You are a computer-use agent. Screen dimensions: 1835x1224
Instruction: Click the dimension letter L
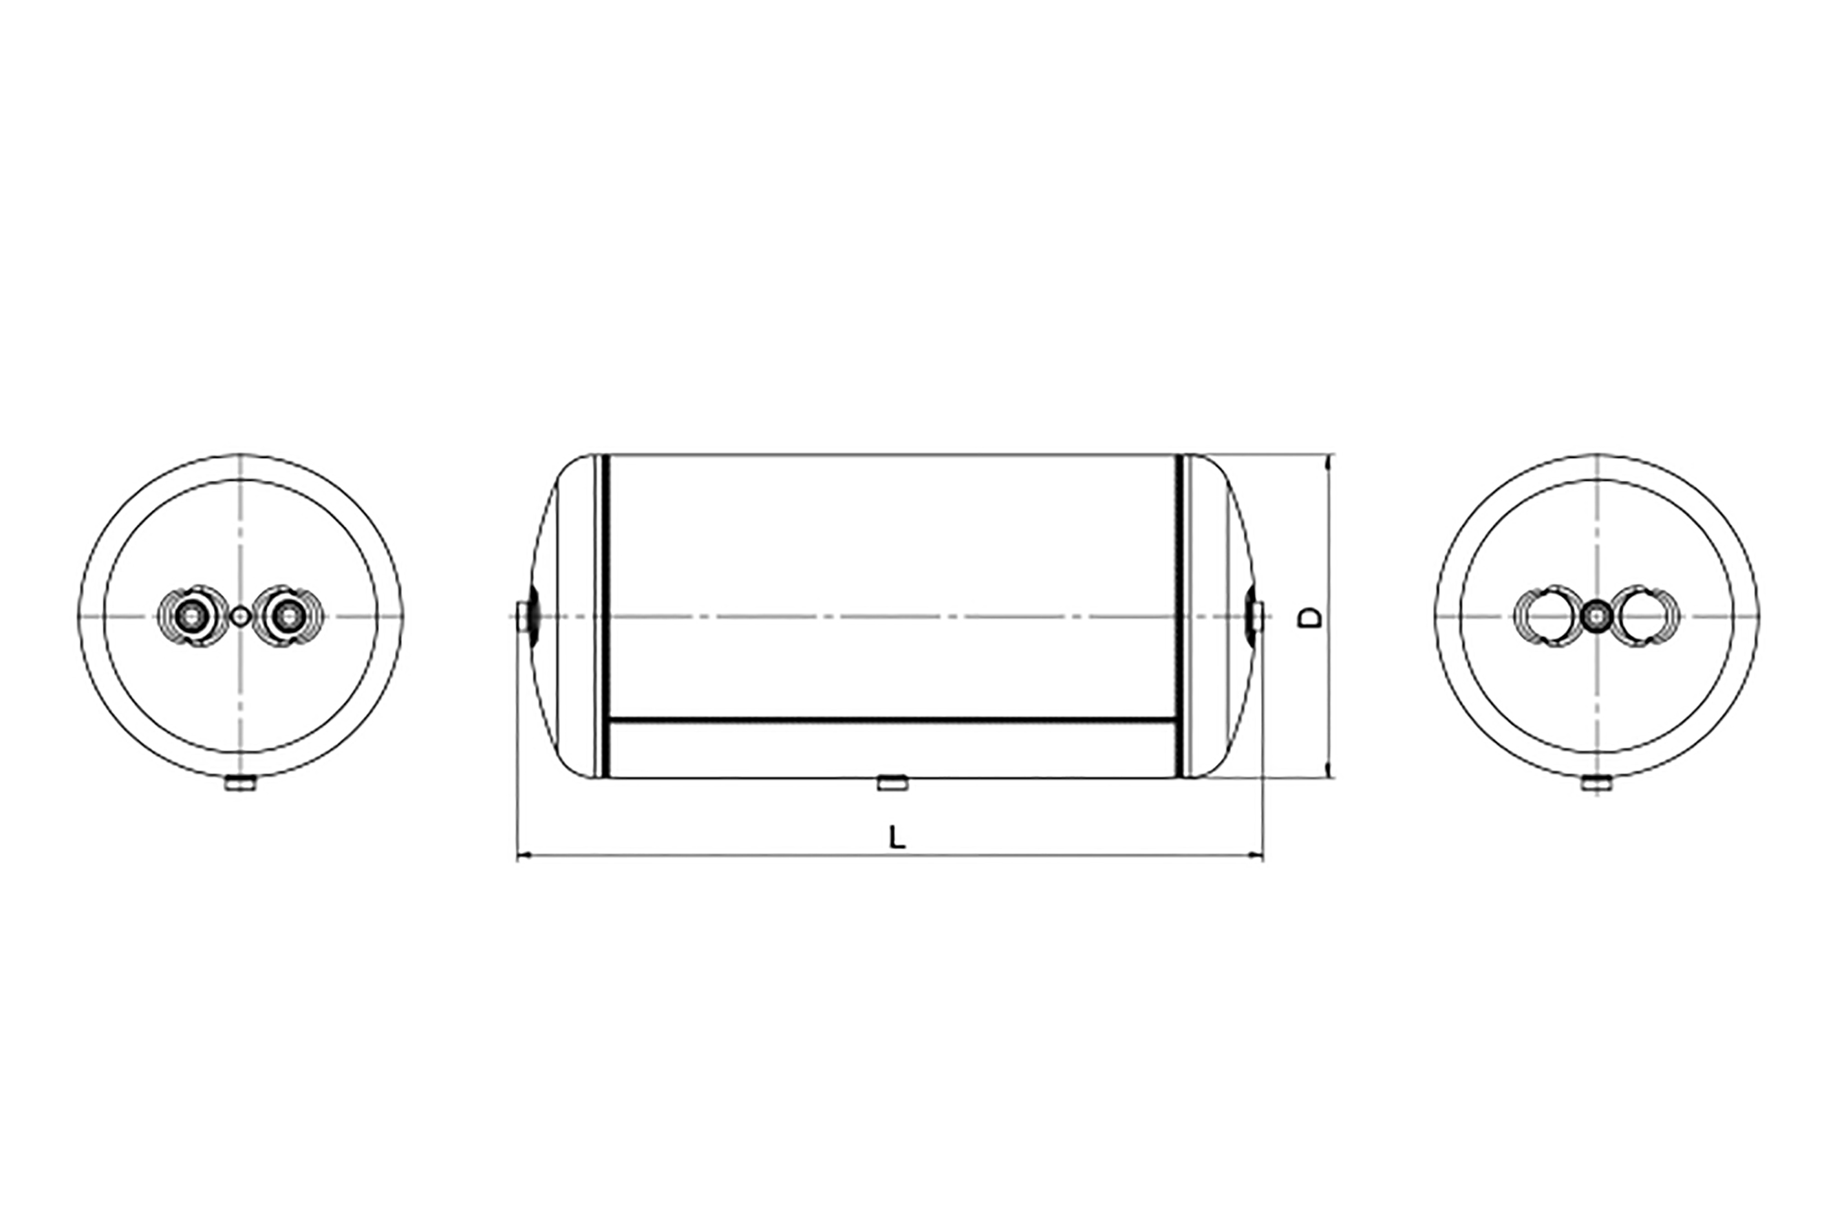(898, 837)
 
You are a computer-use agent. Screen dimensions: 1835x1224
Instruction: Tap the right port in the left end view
(290, 616)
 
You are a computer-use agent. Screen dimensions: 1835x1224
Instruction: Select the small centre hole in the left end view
(242, 616)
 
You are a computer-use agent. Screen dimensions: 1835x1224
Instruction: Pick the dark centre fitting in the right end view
(1596, 616)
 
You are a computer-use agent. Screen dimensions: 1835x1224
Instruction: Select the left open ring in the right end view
(1546, 616)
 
